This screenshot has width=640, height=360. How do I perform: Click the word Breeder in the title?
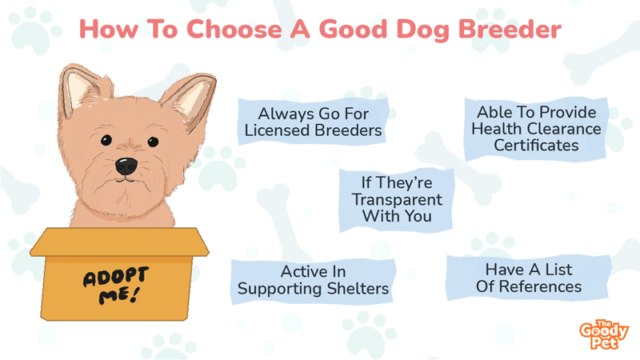[x=510, y=30]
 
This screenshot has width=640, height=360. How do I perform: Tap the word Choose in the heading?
[x=234, y=30]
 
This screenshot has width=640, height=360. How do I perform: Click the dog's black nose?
[x=126, y=166]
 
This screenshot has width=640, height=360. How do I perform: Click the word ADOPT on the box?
[x=116, y=277]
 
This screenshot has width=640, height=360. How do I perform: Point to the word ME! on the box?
[x=118, y=295]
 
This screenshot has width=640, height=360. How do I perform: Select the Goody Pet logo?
[x=604, y=334]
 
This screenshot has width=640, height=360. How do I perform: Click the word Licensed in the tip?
[x=278, y=130]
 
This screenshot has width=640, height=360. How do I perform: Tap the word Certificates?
[x=536, y=146]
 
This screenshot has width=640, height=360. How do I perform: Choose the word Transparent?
[x=397, y=200]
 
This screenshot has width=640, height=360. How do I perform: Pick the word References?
[x=540, y=286]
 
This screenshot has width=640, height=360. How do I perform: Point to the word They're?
[x=404, y=183]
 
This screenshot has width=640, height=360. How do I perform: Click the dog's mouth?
[x=126, y=179]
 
